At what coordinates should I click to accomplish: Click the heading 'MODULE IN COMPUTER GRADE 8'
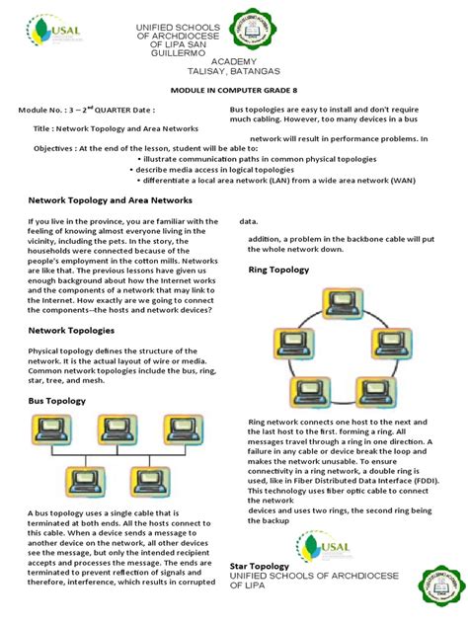pos(233,88)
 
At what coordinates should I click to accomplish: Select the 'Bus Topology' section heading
pos(57,402)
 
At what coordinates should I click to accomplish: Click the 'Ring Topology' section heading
pos(279,269)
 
